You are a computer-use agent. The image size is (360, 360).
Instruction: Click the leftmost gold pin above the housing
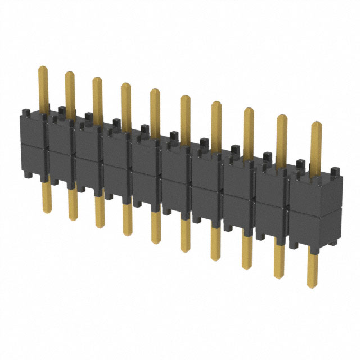(43, 87)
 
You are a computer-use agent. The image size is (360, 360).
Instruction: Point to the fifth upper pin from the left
(154, 110)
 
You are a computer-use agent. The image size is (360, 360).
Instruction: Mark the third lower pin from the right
(246, 250)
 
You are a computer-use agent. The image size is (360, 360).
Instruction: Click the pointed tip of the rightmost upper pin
(316, 124)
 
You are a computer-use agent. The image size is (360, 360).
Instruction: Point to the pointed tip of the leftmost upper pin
(42, 68)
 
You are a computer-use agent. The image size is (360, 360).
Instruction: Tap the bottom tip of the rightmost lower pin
(312, 286)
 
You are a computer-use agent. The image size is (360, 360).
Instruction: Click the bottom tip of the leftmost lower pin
(47, 211)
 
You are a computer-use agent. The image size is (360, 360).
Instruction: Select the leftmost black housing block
(33, 143)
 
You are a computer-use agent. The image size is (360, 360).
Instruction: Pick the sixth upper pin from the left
(185, 115)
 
